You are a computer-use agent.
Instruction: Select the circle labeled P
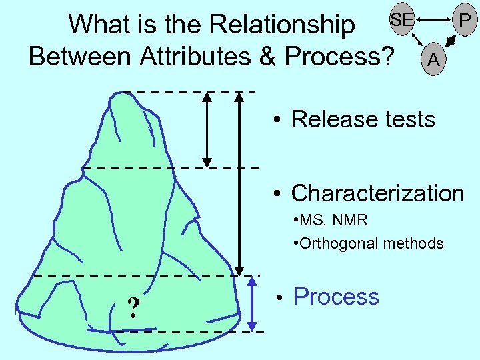tap(464, 21)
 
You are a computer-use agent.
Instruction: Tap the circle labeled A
tap(434, 59)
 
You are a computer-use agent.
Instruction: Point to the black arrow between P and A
tap(451, 43)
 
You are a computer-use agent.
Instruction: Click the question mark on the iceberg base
tap(134, 307)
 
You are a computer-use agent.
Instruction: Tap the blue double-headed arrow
tap(253, 304)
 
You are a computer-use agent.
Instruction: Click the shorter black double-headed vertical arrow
tap(207, 129)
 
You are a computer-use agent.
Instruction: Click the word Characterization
tap(377, 193)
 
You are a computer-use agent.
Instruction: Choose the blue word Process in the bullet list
tap(336, 297)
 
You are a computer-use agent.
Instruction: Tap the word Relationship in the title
tap(283, 25)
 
